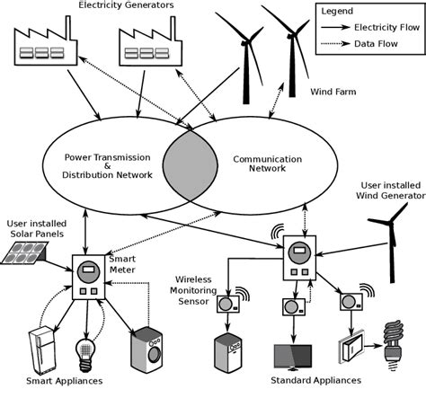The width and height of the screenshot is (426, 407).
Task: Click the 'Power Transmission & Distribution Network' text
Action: coord(100,165)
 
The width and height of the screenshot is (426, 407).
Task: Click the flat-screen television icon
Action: coord(292,357)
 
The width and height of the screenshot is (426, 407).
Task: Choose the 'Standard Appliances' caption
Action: coord(315,381)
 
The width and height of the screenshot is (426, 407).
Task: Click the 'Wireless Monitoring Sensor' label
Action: coord(200,290)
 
